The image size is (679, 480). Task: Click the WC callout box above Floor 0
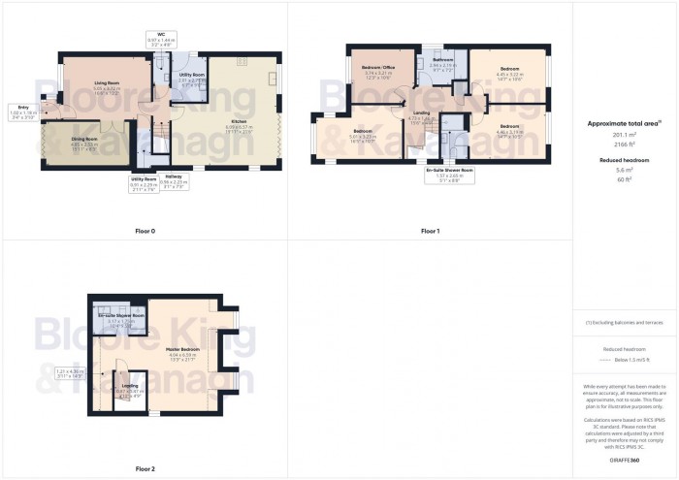point(153,41)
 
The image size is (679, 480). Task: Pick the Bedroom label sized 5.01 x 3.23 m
point(363,131)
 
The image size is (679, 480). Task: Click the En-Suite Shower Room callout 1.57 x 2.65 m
point(449,176)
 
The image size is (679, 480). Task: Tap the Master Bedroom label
point(182,348)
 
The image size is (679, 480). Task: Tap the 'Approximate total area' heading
point(624,123)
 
